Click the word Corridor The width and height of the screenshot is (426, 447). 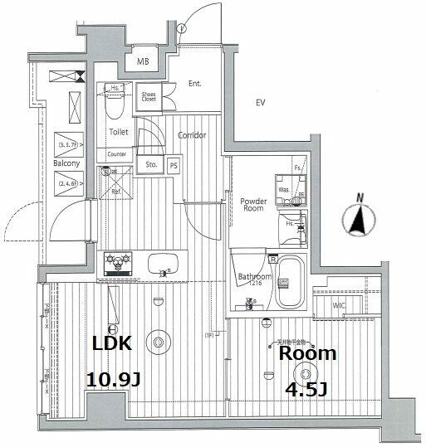pos(191,135)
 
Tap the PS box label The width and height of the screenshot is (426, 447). pos(174,164)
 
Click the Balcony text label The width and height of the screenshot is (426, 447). pos(66,163)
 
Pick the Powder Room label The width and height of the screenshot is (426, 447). pos(252,205)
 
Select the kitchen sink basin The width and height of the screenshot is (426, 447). pos(162,265)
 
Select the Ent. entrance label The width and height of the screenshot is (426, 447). pos(196,84)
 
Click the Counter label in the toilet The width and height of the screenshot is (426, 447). pos(116,154)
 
